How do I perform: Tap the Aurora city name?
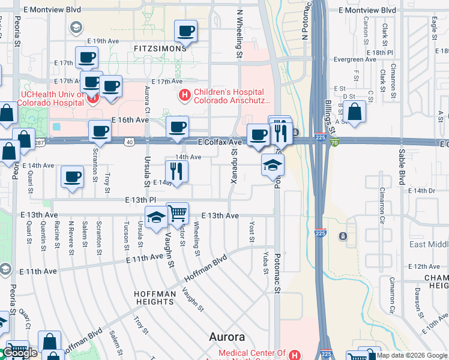(227, 337)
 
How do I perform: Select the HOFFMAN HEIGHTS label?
(155, 298)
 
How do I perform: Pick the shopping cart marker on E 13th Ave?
(178, 213)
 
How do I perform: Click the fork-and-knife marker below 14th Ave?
(176, 170)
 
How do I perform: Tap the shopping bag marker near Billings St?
(355, 111)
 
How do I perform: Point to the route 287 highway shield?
(40, 142)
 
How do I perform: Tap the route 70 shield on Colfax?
(334, 142)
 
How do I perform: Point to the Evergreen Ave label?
(355, 59)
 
